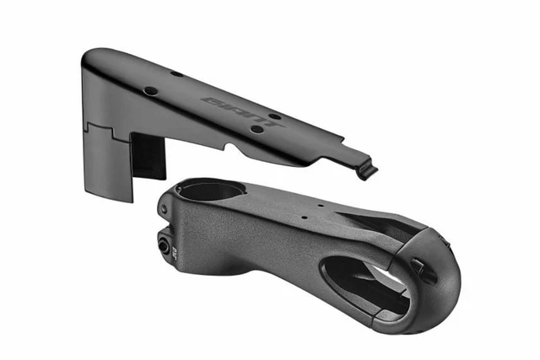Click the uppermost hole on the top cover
point(176,73)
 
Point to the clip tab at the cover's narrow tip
point(366,170)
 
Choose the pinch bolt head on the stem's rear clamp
point(163,244)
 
